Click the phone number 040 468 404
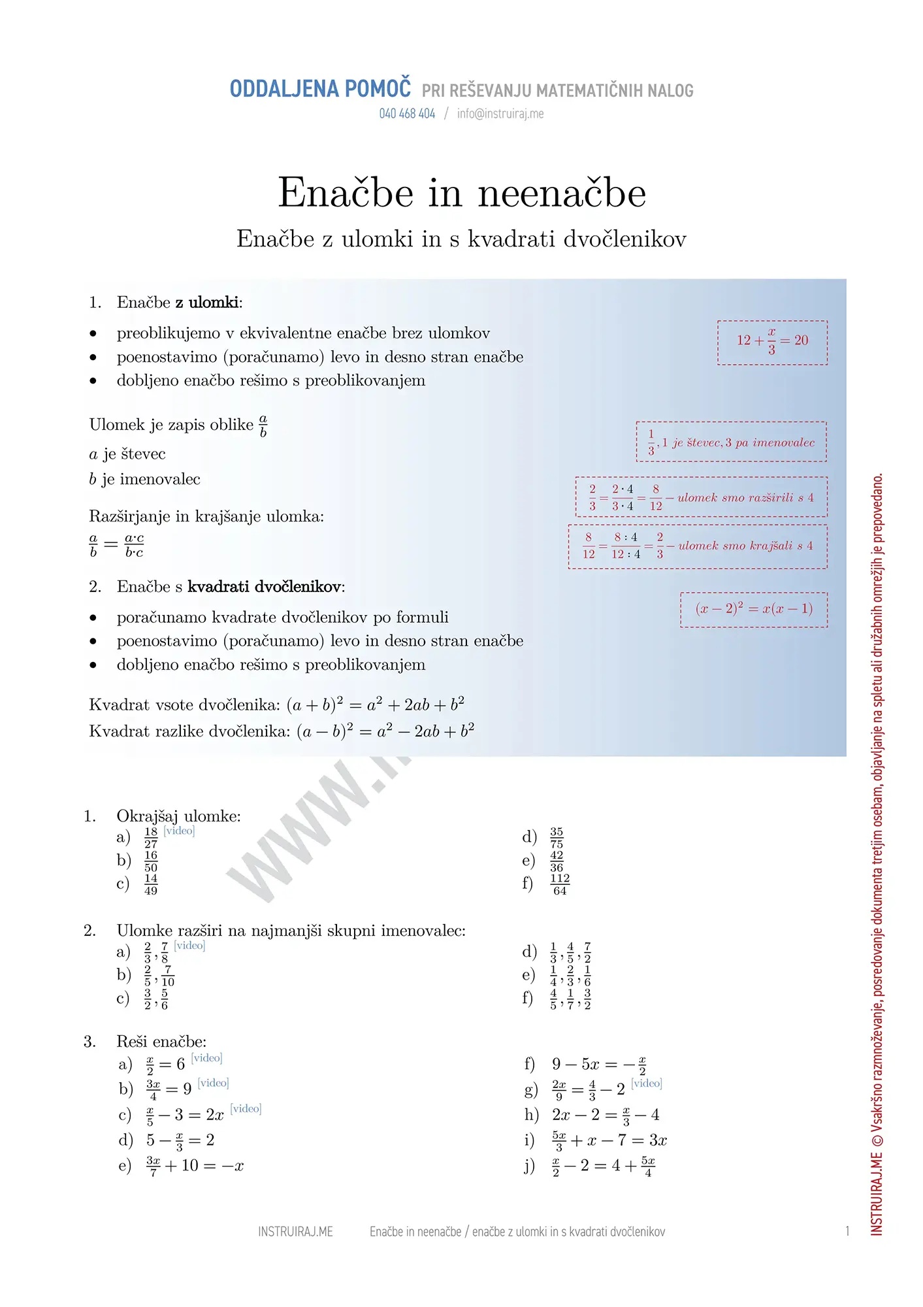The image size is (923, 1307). click(407, 114)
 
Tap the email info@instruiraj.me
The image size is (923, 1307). click(500, 114)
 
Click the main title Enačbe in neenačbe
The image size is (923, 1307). click(462, 193)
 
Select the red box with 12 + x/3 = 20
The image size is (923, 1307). click(772, 342)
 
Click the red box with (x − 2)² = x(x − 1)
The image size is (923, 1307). click(754, 609)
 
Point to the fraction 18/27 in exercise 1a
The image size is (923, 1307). click(151, 837)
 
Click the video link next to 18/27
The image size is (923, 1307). click(179, 831)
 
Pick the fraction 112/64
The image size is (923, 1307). click(560, 884)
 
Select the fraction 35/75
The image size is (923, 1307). click(557, 837)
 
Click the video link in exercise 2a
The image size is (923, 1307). click(189, 945)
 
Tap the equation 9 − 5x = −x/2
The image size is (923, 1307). click(599, 1065)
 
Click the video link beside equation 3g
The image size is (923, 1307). click(647, 1083)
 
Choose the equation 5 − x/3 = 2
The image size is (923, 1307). click(180, 1140)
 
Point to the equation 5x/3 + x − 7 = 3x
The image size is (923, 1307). click(609, 1140)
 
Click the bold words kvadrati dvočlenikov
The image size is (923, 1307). click(265, 587)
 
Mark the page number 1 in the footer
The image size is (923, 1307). click(847, 1231)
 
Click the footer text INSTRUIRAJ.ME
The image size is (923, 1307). click(295, 1232)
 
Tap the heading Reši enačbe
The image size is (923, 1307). click(161, 1042)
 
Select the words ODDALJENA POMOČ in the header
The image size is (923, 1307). click(320, 89)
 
